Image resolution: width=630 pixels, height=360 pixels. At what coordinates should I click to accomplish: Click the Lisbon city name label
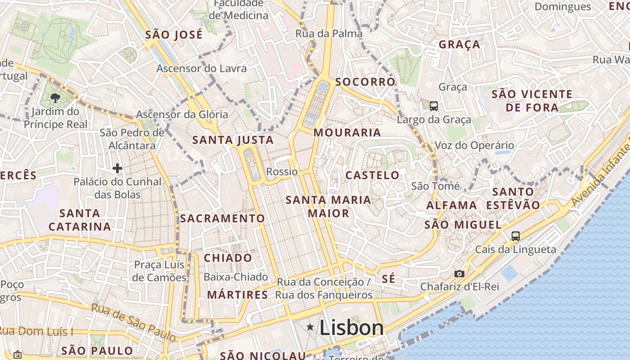pyautogui.click(x=351, y=328)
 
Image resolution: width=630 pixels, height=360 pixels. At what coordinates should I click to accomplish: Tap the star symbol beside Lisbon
pyautogui.click(x=310, y=327)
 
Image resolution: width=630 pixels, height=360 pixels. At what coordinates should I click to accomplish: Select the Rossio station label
pyautogui.click(x=282, y=171)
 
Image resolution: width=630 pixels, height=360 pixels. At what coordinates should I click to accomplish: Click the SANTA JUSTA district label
pyautogui.click(x=233, y=140)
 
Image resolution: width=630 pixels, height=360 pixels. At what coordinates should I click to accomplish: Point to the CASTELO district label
pyautogui.click(x=372, y=175)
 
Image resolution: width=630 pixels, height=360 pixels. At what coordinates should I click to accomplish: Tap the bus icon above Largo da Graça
pyautogui.click(x=434, y=106)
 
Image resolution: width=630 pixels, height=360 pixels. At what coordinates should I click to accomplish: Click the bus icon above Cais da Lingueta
pyautogui.click(x=516, y=236)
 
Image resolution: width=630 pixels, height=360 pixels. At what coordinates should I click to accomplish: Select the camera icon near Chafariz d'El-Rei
pyautogui.click(x=459, y=274)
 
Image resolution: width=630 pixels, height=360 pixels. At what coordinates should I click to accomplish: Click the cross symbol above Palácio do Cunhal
pyautogui.click(x=117, y=168)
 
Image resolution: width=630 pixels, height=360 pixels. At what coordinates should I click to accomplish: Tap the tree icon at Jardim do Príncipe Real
pyautogui.click(x=55, y=98)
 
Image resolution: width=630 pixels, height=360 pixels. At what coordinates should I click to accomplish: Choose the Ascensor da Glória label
pyautogui.click(x=182, y=114)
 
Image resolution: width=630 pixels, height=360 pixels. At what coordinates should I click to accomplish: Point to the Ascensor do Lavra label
pyautogui.click(x=202, y=68)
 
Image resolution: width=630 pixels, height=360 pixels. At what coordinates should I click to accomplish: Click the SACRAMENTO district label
pyautogui.click(x=222, y=219)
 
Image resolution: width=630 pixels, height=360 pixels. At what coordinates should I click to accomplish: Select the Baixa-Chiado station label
pyautogui.click(x=236, y=277)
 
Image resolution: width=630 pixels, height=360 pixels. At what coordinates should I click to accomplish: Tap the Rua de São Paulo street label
pyautogui.click(x=134, y=322)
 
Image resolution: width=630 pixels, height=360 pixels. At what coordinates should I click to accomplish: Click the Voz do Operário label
pyautogui.click(x=474, y=145)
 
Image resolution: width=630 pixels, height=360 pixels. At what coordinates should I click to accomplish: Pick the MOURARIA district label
pyautogui.click(x=347, y=133)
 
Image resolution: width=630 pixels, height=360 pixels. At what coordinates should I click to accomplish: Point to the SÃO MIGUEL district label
pyautogui.click(x=463, y=225)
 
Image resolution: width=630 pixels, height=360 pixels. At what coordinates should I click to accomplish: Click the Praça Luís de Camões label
pyautogui.click(x=160, y=271)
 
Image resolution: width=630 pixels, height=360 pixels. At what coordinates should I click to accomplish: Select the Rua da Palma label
pyautogui.click(x=328, y=34)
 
